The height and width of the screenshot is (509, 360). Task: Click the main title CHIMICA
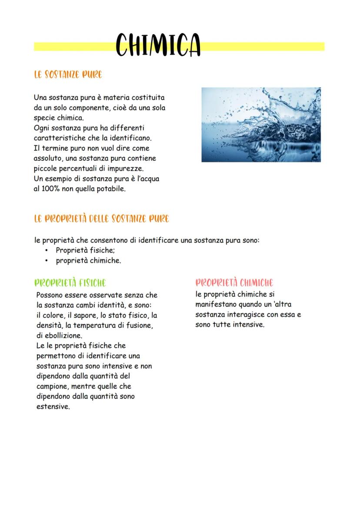click(x=158, y=45)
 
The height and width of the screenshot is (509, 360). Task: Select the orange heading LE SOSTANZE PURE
click(x=68, y=75)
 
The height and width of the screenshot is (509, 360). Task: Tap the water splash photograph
click(x=261, y=125)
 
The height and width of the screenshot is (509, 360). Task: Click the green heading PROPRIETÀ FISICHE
click(x=70, y=283)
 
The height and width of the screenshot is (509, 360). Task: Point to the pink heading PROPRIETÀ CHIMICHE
click(x=234, y=283)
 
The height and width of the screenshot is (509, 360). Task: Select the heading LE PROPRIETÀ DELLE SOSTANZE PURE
click(x=101, y=218)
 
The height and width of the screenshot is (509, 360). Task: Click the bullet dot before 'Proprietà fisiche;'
click(x=47, y=250)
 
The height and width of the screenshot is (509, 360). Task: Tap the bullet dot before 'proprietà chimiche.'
click(x=47, y=261)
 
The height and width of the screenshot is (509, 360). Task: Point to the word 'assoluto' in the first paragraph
click(x=48, y=158)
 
